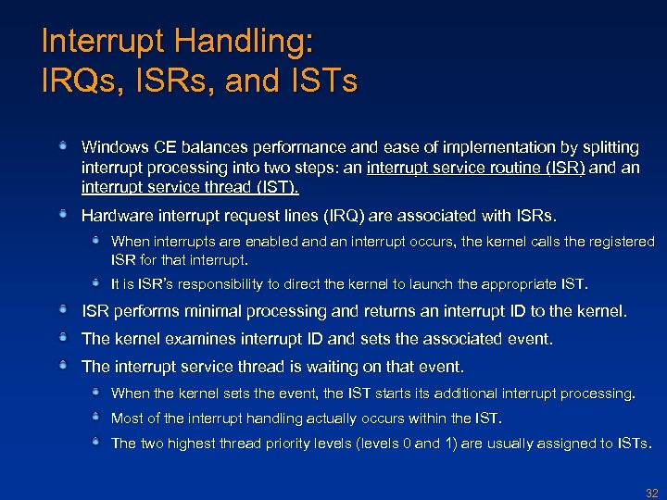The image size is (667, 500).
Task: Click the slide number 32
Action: click(x=651, y=494)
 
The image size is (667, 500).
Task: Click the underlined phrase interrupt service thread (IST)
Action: click(x=190, y=188)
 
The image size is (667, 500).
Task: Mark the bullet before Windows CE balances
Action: click(x=62, y=145)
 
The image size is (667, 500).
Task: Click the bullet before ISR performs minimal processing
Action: click(x=62, y=309)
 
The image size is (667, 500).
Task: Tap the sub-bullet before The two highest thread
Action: click(x=95, y=442)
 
